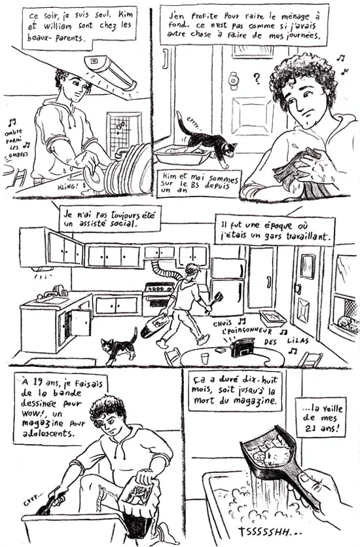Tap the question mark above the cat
point(257,79)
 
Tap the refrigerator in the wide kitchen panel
point(227,286)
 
